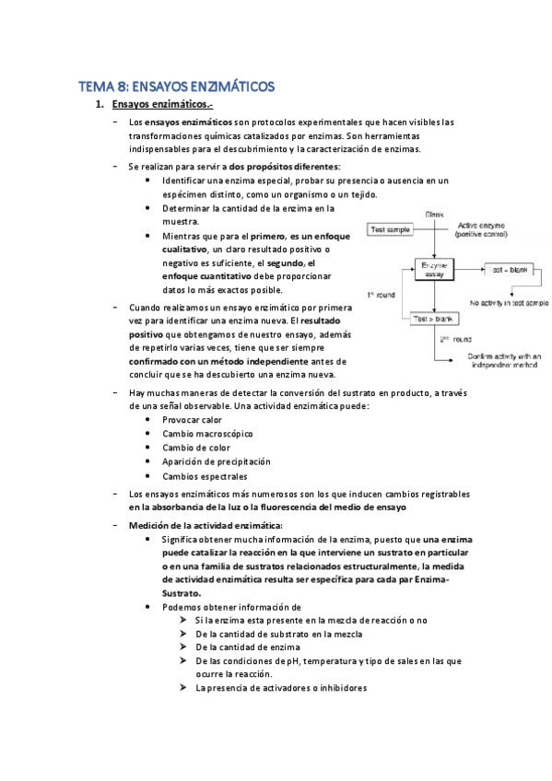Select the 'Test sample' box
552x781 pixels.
pos(390,228)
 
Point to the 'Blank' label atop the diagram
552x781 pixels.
pos(434,214)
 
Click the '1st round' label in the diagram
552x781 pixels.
pos(381,295)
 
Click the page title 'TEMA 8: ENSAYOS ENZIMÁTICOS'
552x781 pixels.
pos(176,87)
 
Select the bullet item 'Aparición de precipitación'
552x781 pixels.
pos(217,461)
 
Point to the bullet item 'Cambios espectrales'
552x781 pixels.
pos(205,476)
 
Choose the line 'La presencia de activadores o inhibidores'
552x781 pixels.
pos(275,687)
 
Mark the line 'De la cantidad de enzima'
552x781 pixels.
pos(238,647)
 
